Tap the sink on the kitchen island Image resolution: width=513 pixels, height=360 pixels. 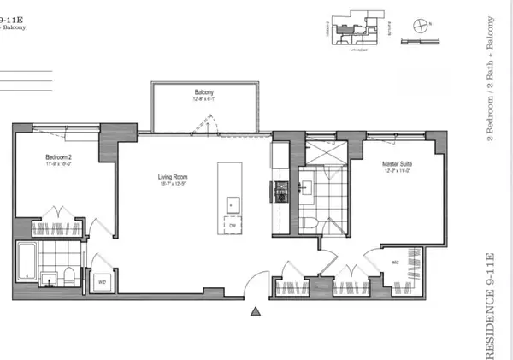[232, 204]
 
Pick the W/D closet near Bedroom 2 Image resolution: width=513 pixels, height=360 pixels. [102, 275]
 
